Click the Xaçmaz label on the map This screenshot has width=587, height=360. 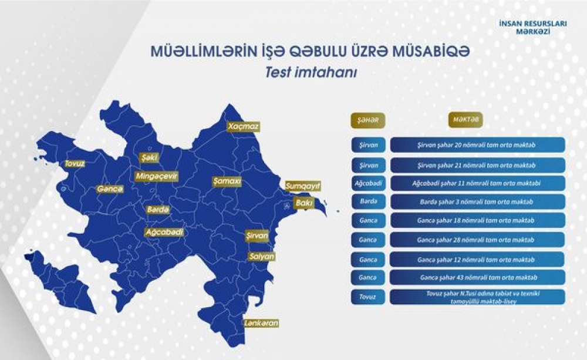(x=244, y=126)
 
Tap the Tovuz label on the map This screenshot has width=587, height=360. (x=75, y=164)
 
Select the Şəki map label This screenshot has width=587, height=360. (x=148, y=158)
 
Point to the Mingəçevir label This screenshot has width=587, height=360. (x=156, y=176)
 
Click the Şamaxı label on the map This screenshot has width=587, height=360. (x=227, y=181)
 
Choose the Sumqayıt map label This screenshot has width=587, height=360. (x=303, y=186)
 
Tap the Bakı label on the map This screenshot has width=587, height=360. (x=304, y=203)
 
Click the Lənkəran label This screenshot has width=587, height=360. (x=261, y=323)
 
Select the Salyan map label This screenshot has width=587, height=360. (x=261, y=257)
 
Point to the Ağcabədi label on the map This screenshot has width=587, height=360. (x=164, y=232)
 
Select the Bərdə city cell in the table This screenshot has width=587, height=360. (x=368, y=201)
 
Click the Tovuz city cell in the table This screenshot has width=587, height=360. (x=368, y=297)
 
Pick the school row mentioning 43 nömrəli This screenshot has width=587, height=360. (x=477, y=277)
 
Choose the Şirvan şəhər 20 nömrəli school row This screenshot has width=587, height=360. (x=477, y=145)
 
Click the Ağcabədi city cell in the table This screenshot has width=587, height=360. (x=368, y=183)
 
